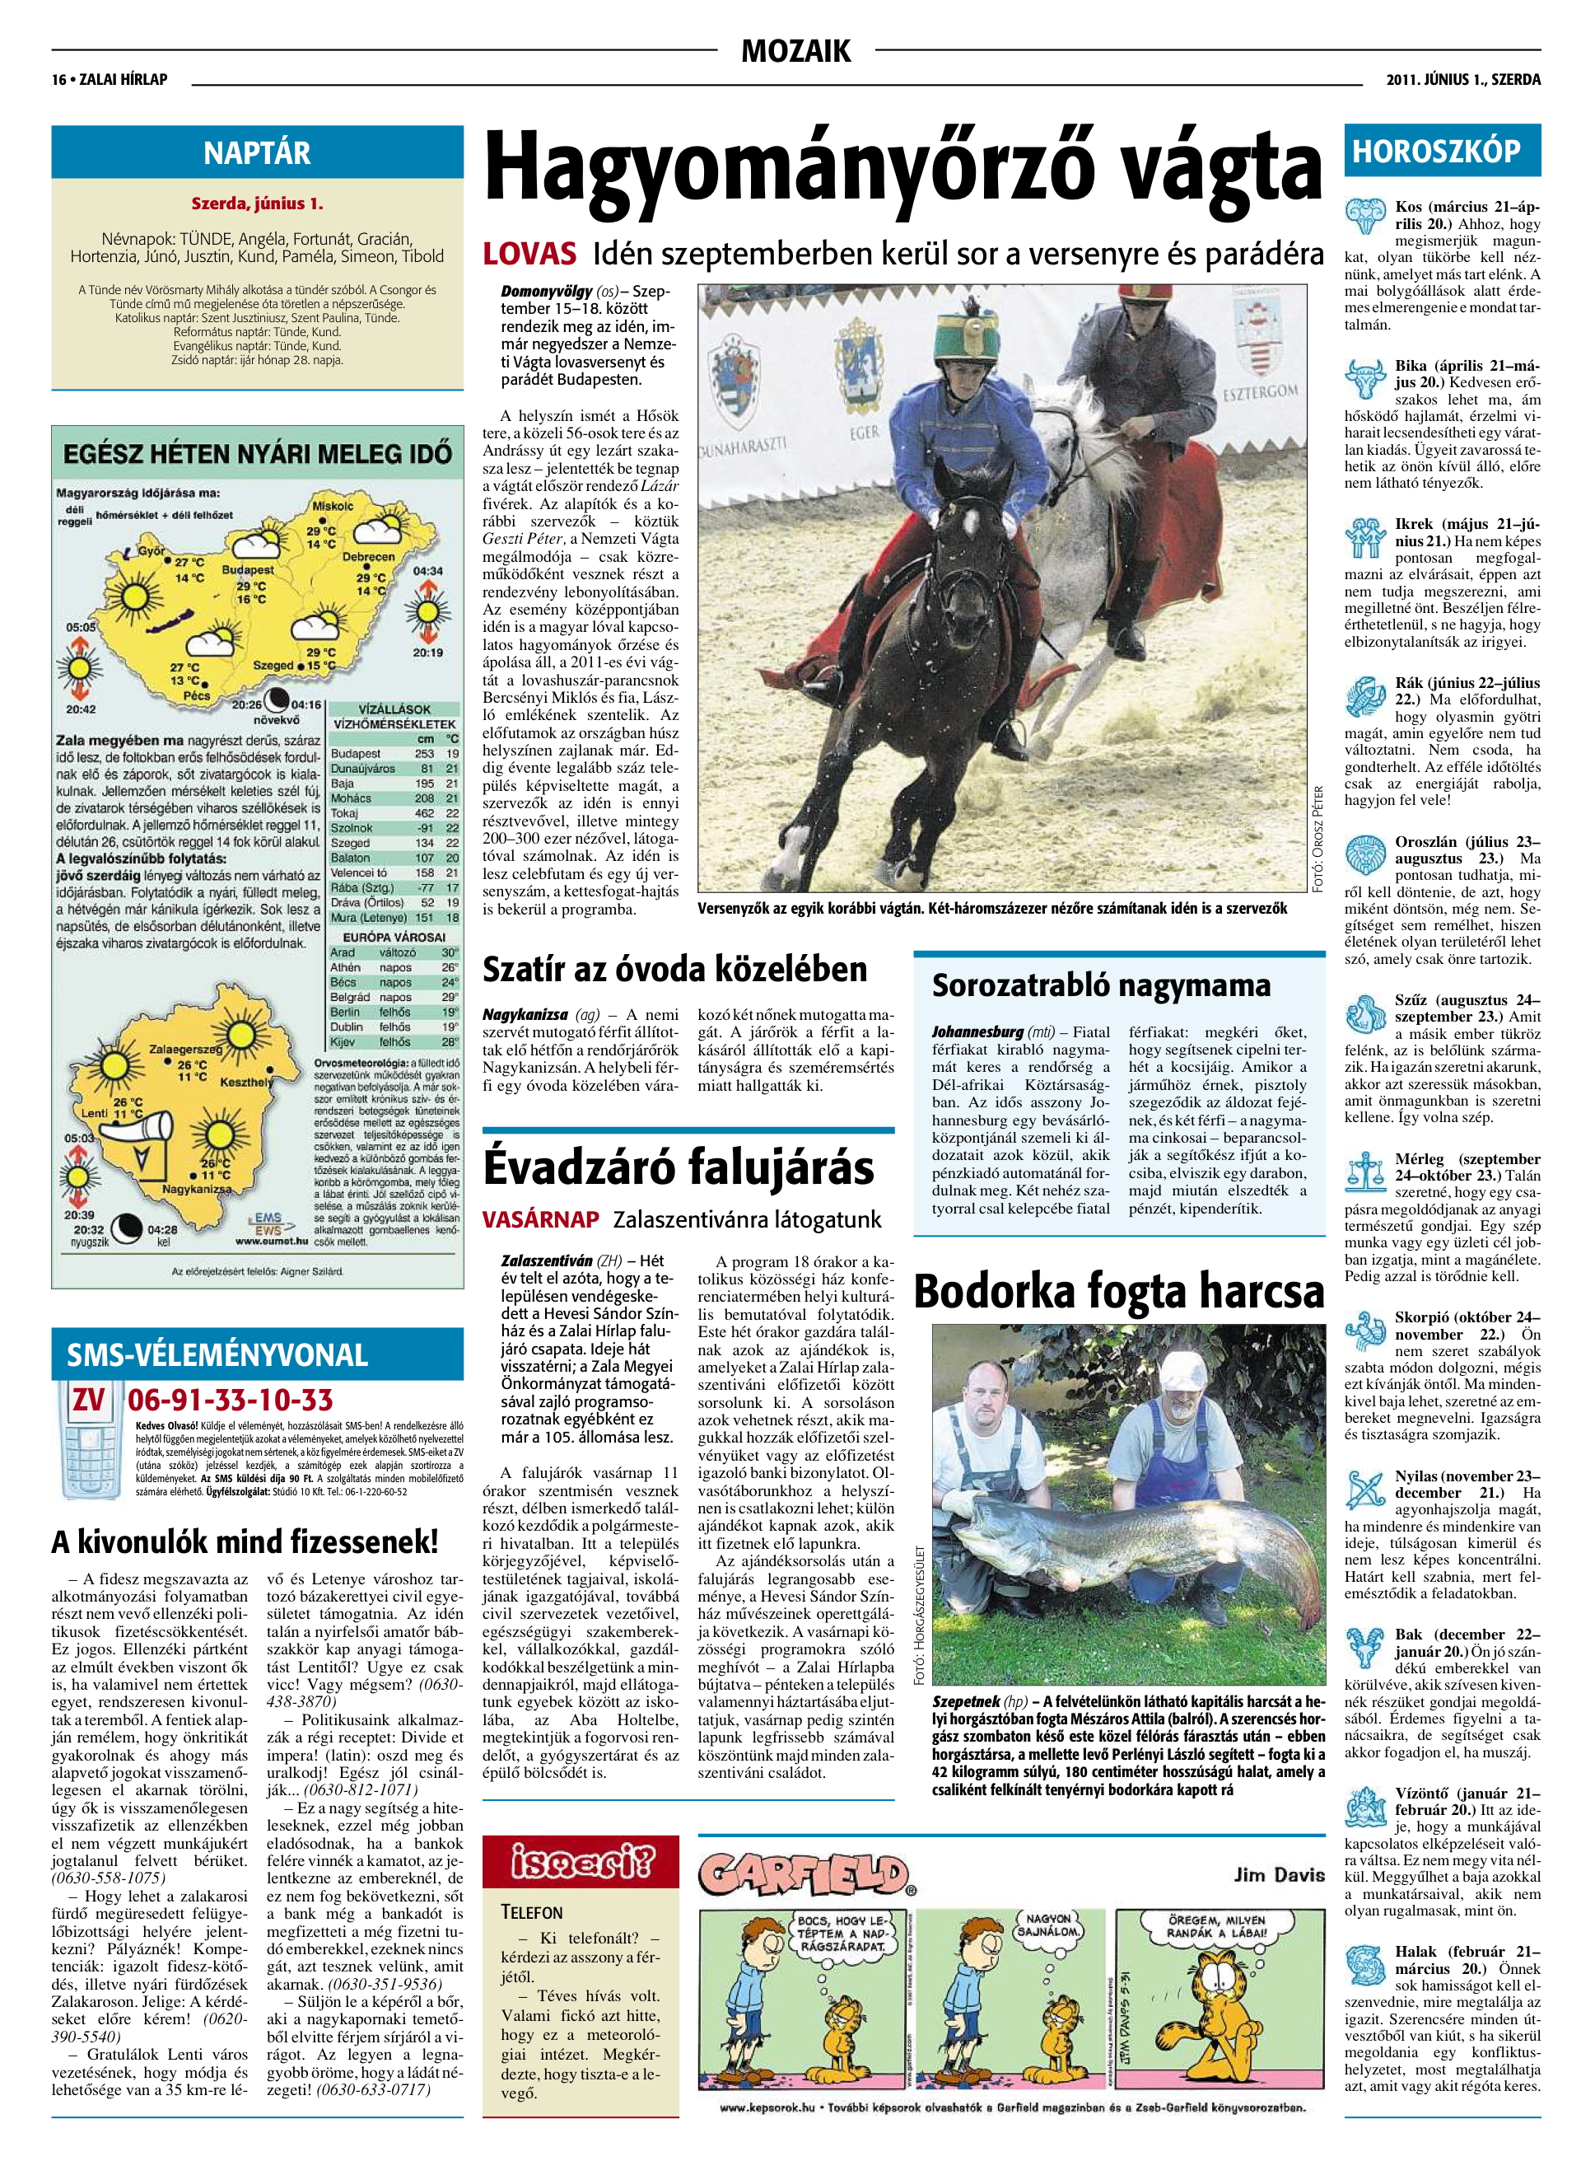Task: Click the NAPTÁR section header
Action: pyautogui.click(x=257, y=152)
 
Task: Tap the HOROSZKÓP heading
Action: pyautogui.click(x=1435, y=152)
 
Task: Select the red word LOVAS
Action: pyautogui.click(x=530, y=254)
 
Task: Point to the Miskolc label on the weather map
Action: pyautogui.click(x=332, y=505)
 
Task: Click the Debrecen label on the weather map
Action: pyautogui.click(x=368, y=556)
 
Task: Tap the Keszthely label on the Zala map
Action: pyautogui.click(x=245, y=1082)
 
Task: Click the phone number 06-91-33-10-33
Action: pyautogui.click(x=230, y=1399)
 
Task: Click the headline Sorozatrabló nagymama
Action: pyautogui.click(x=1102, y=985)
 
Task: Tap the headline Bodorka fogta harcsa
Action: pyautogui.click(x=1118, y=1291)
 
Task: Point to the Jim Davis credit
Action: pyautogui.click(x=1279, y=1873)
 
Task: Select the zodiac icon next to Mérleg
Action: pyautogui.click(x=1365, y=1172)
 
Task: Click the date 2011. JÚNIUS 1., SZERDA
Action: pyautogui.click(x=1463, y=80)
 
